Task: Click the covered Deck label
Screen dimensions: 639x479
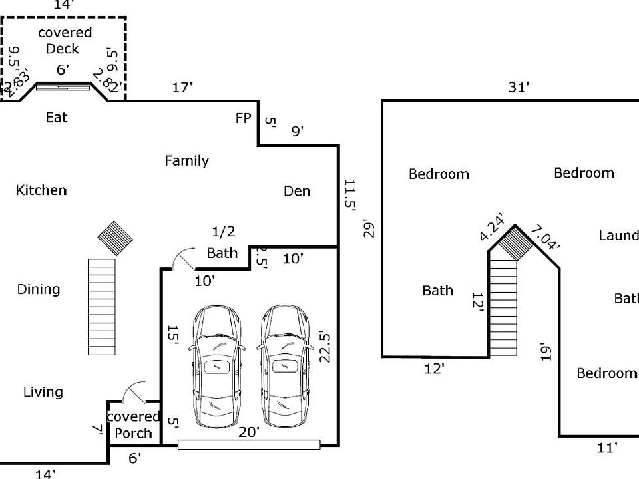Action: (65, 41)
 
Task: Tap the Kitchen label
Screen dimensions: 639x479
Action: (41, 190)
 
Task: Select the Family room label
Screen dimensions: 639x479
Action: (187, 160)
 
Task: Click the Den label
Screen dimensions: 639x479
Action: (297, 191)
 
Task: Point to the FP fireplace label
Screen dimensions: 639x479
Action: (244, 118)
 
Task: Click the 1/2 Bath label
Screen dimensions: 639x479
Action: (222, 243)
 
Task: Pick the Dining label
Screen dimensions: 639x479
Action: (39, 289)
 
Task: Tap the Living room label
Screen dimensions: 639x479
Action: (43, 392)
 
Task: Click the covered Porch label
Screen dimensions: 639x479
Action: (134, 425)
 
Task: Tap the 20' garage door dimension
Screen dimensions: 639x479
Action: (249, 432)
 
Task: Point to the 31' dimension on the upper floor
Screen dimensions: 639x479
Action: (519, 87)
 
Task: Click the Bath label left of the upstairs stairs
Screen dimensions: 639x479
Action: (437, 290)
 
